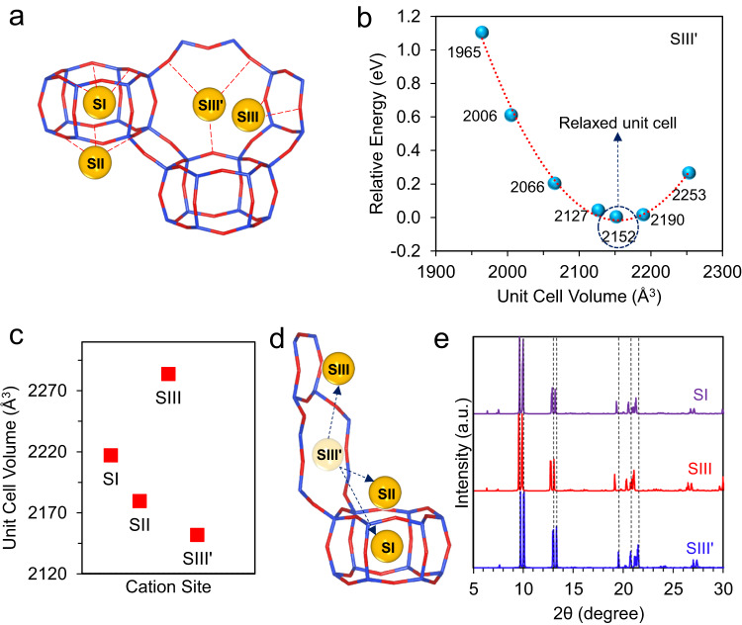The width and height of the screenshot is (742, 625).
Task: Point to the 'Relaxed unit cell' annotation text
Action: [x=607, y=126]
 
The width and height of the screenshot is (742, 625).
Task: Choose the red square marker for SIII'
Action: [x=197, y=535]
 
